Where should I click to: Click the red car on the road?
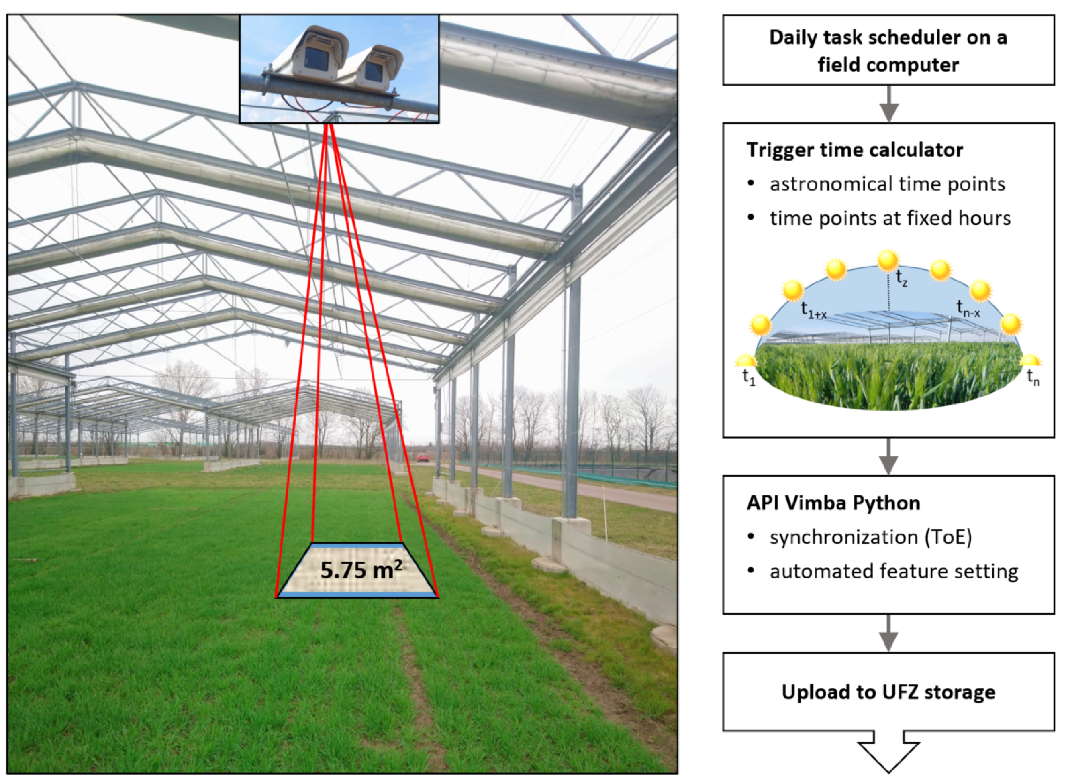[x=422, y=458]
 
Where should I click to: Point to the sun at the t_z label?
[x=888, y=261]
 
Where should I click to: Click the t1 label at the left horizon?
[x=748, y=378]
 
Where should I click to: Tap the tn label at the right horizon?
[x=1033, y=378]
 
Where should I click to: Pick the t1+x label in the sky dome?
[x=813, y=310]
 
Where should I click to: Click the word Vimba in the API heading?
[x=819, y=503]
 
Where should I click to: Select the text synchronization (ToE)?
[x=870, y=537]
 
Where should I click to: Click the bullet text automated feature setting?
[x=894, y=571]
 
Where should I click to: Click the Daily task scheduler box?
[x=888, y=51]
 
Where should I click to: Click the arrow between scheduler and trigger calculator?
[x=888, y=104]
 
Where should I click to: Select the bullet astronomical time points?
[x=887, y=184]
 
